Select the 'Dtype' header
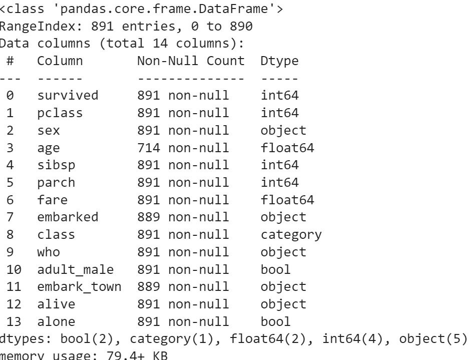tap(279, 61)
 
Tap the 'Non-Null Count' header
tap(191, 61)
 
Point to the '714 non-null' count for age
tap(183, 148)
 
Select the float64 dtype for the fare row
tap(287, 200)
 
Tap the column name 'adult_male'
tap(75, 269)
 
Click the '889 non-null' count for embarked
tap(183, 217)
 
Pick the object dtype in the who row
tap(283, 252)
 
